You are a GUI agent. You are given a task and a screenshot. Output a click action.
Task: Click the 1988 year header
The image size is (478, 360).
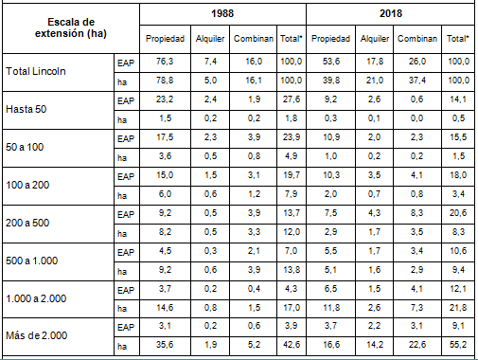(222, 15)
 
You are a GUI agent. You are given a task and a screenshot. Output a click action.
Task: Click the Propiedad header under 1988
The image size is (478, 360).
(165, 41)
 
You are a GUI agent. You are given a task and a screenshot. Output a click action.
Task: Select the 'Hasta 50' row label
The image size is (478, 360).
(26, 110)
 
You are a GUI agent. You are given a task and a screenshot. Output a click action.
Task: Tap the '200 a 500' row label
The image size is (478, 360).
(28, 222)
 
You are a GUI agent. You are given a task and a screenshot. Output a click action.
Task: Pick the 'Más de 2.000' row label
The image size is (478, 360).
(36, 333)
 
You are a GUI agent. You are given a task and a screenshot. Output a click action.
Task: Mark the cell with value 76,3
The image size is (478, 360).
(165, 63)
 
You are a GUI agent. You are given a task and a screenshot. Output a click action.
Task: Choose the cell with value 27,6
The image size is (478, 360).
(291, 99)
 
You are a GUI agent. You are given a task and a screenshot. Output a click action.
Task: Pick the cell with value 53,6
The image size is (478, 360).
(329, 63)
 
